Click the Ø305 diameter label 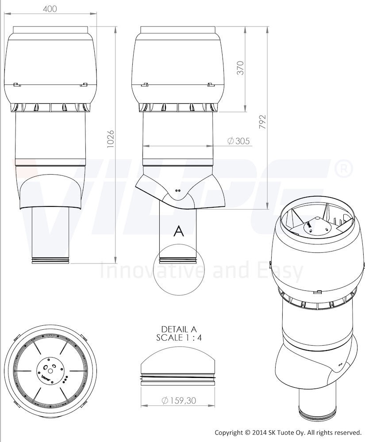[238, 141]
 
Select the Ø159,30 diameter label [179, 400]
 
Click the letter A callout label [179, 231]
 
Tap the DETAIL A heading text [179, 329]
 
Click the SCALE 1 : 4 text [179, 338]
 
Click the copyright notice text [288, 432]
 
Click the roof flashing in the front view [50, 191]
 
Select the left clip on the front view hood [17, 84]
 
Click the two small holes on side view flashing [178, 190]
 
